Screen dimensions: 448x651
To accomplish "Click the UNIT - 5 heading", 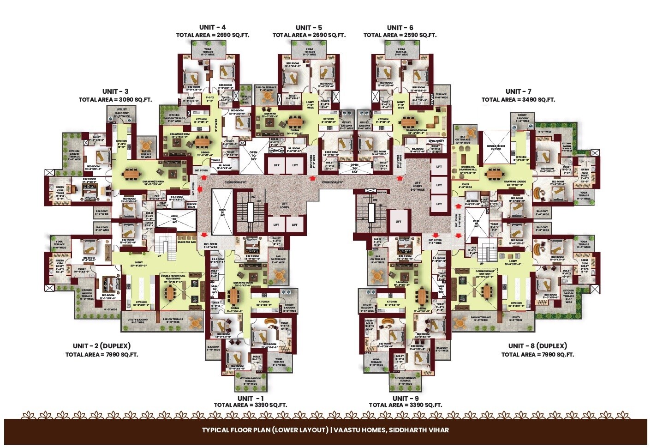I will (309, 28).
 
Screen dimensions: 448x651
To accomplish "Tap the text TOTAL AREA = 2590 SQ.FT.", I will (400, 35).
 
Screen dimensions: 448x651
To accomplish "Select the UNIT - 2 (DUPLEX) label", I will (102, 346).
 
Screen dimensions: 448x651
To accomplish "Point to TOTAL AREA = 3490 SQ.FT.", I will (518, 100).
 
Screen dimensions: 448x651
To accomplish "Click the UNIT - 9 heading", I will (405, 398).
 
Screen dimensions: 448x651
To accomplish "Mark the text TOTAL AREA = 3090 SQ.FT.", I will (115, 100).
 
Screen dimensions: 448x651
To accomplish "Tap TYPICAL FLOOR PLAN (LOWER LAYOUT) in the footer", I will (264, 430).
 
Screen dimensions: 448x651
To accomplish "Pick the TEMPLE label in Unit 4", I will (215, 160).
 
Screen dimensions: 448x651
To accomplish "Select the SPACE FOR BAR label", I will (187, 242).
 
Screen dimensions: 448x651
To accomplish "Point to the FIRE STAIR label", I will (382, 192).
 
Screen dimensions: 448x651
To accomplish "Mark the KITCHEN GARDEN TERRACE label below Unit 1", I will (250, 381).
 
